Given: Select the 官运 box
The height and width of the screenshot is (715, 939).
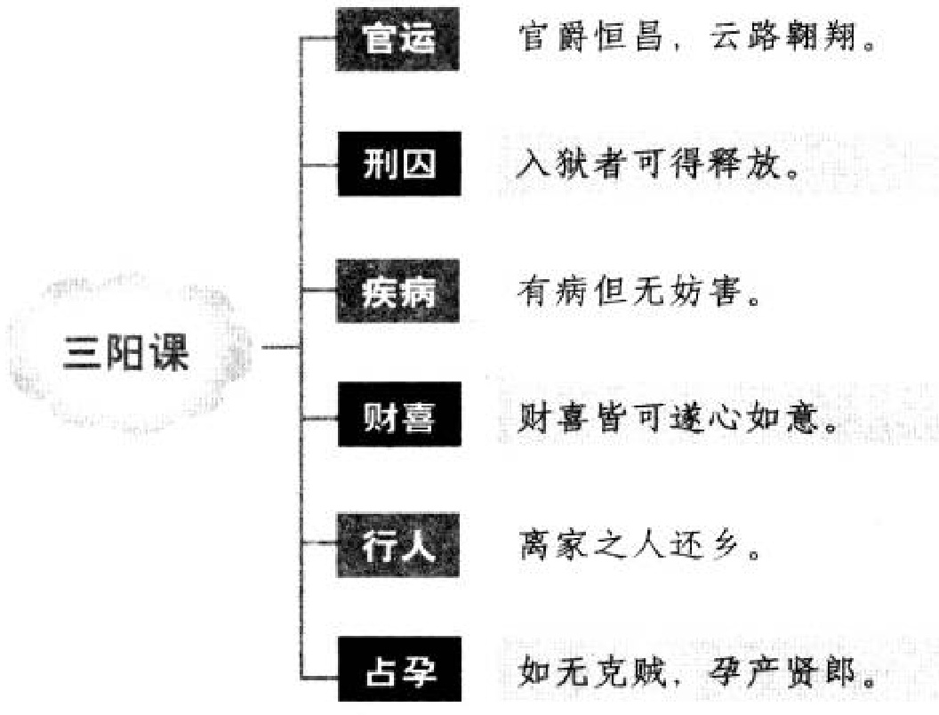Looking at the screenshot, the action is coord(399,40).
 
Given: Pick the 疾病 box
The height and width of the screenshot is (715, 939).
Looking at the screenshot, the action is coord(399,291).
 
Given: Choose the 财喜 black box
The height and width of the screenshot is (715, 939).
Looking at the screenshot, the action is coord(399,415).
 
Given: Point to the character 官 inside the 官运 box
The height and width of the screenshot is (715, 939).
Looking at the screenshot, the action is coord(380,40).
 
